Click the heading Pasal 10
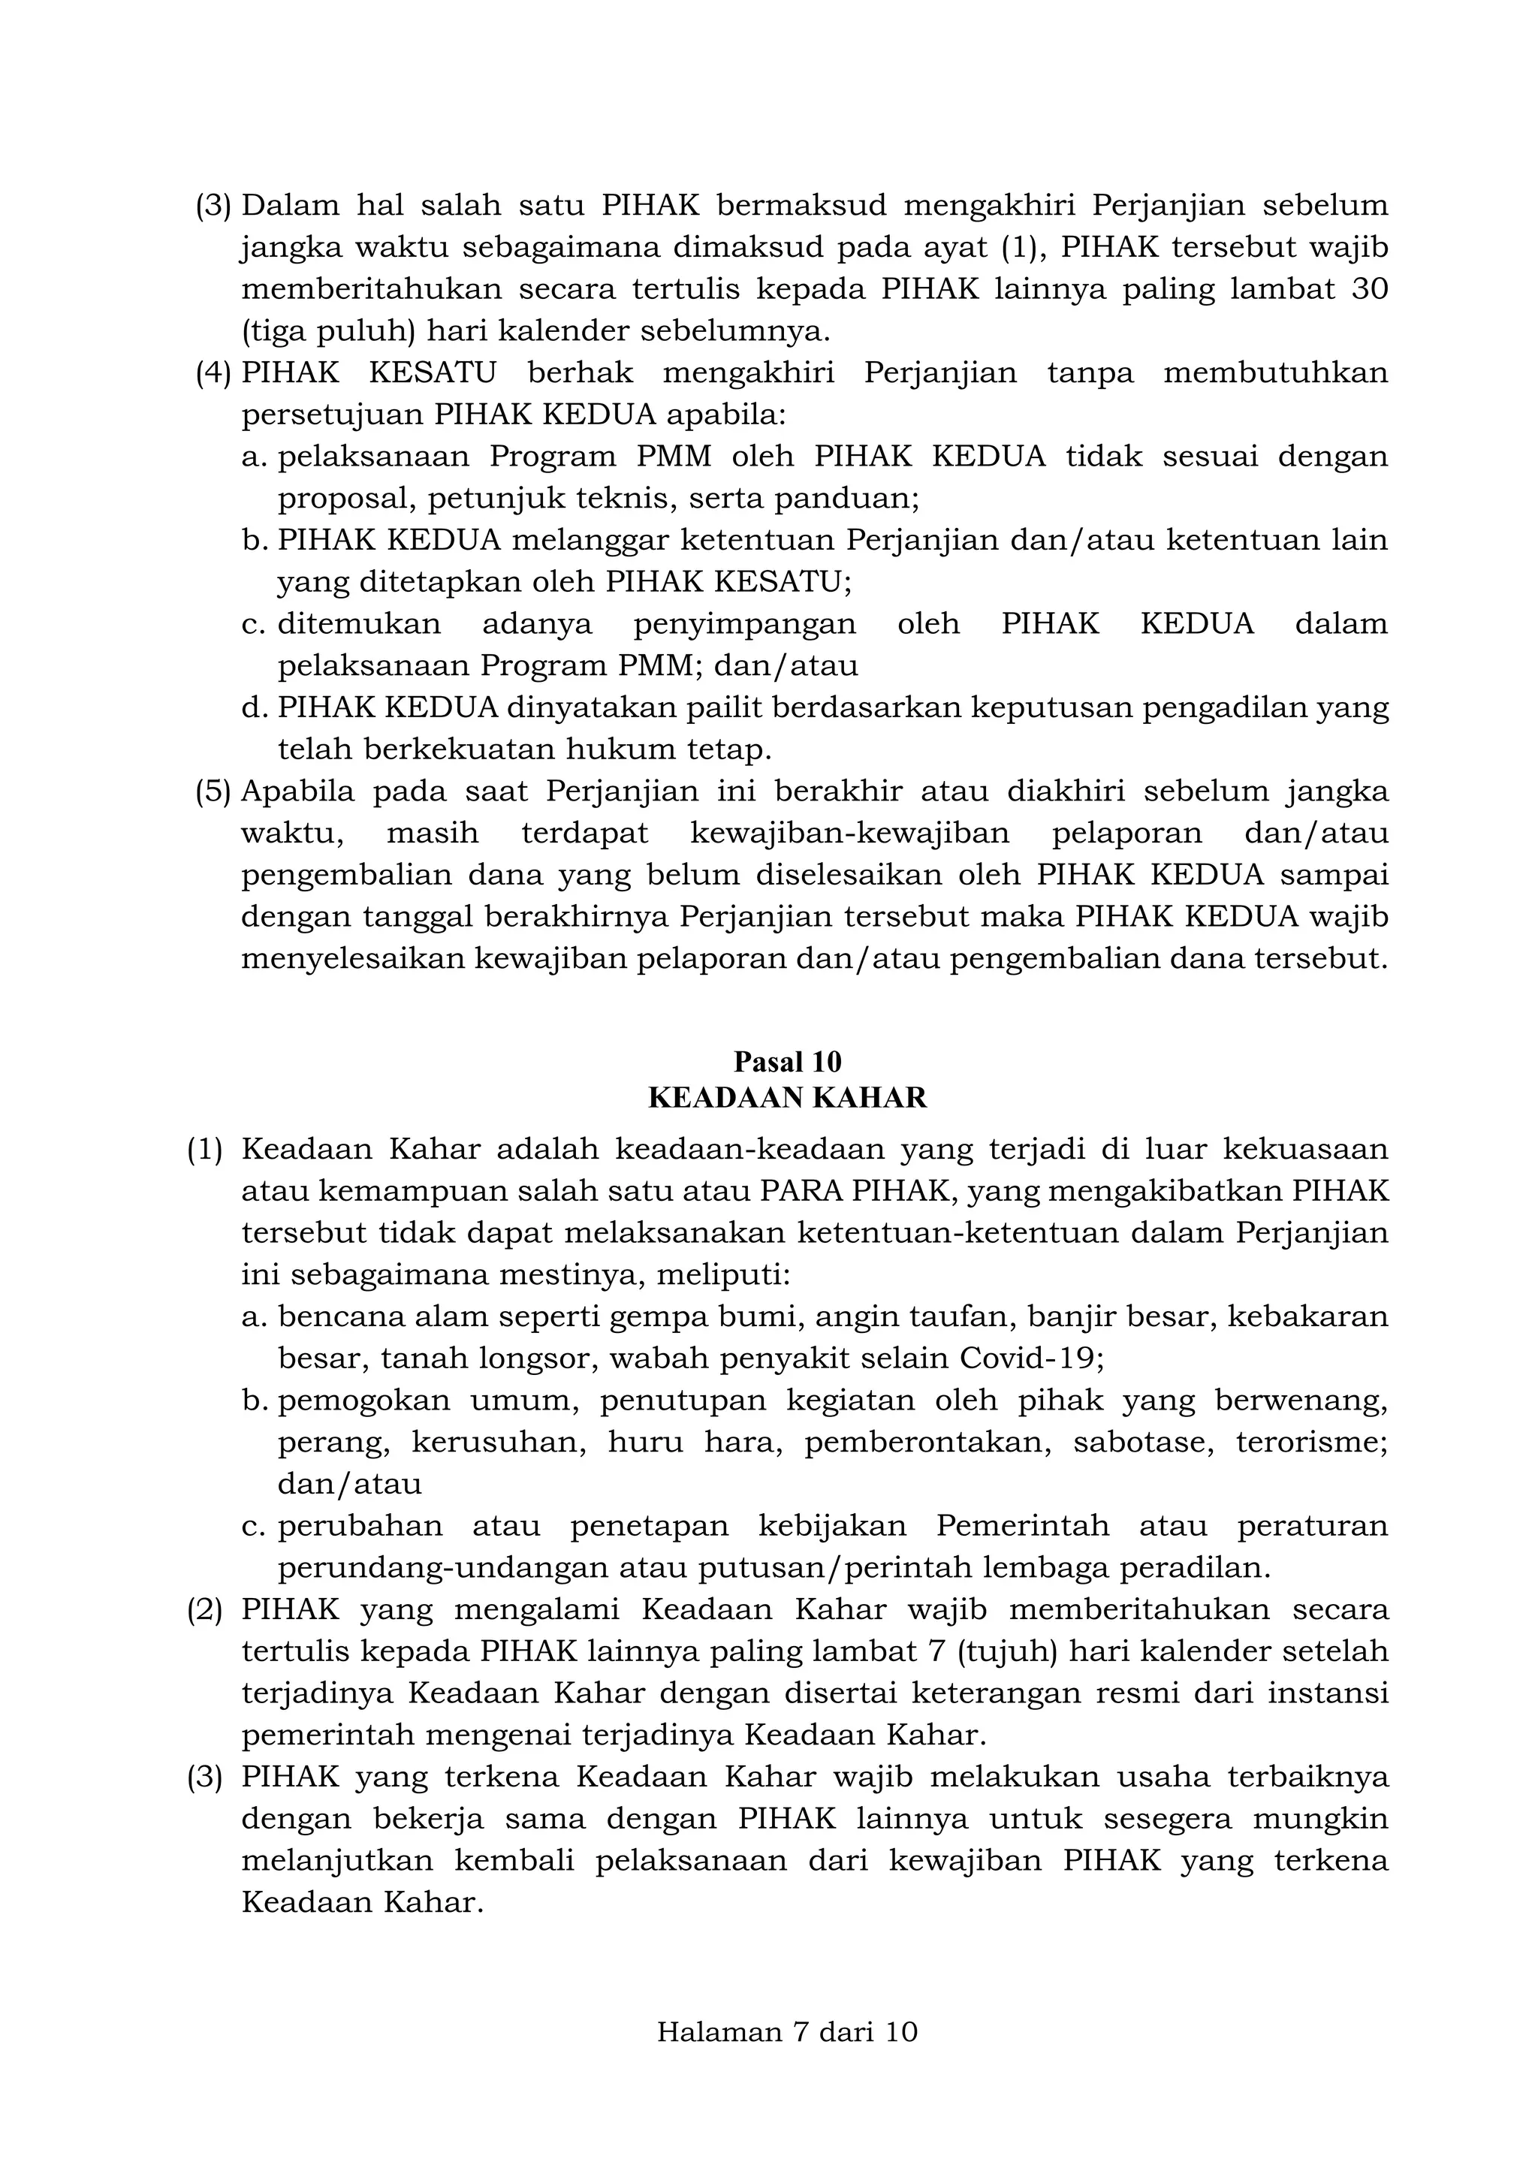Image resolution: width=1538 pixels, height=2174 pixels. point(787,1060)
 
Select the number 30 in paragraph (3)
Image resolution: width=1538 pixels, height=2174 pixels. point(1368,289)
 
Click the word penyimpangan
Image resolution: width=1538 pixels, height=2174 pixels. point(744,624)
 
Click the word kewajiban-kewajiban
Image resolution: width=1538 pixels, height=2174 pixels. point(849,834)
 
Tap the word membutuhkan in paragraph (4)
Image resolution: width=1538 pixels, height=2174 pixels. point(1274,373)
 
